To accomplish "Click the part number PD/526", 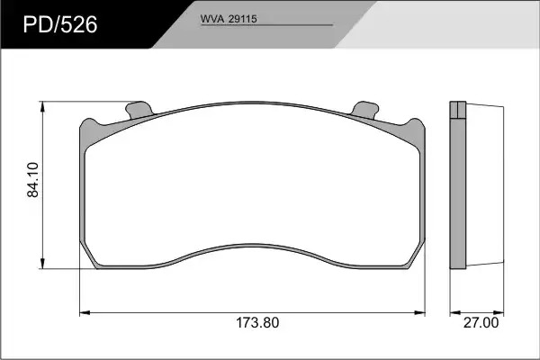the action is (x=60, y=25).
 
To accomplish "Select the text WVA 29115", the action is (x=229, y=19).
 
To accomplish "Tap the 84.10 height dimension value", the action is (x=33, y=179).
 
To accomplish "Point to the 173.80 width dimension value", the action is (x=257, y=323).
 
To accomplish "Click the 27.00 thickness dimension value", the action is (x=481, y=323).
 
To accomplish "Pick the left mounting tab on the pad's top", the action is (x=139, y=110).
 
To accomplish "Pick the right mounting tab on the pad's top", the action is (x=364, y=110).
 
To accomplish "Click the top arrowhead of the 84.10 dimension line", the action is (x=42, y=106).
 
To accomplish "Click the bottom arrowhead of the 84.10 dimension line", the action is (x=42, y=264).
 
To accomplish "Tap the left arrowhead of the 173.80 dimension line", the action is (x=85, y=313).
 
